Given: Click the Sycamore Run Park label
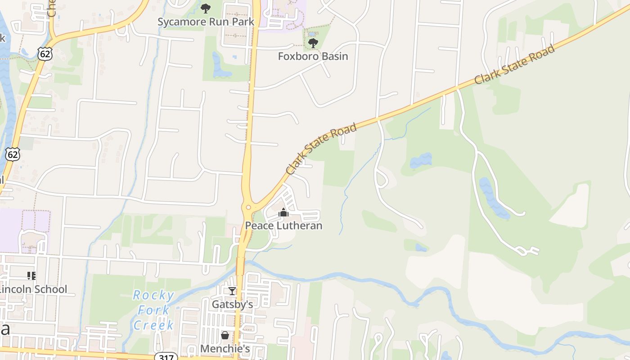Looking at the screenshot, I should click(x=206, y=22).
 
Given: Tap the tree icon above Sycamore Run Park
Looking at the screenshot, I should click(x=206, y=8).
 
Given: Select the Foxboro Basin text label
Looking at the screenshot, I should click(x=313, y=56).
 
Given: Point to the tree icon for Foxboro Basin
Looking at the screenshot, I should click(x=313, y=43).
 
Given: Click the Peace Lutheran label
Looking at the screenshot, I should click(x=283, y=225).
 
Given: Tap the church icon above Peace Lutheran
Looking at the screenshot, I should click(x=283, y=212).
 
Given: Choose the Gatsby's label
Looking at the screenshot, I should click(x=232, y=304).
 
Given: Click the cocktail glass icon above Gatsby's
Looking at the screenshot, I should click(x=232, y=291).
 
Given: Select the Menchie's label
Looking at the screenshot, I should click(x=225, y=349).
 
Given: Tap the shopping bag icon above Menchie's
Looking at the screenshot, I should click(x=225, y=335).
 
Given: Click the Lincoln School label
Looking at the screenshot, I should click(x=34, y=289).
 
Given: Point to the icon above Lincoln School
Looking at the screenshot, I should click(x=31, y=275).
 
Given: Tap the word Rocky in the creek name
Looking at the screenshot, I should click(x=153, y=296).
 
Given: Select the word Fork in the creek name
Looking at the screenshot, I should click(x=153, y=310).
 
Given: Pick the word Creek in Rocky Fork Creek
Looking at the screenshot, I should click(x=153, y=325).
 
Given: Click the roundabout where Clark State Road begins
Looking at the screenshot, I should click(x=248, y=207).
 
